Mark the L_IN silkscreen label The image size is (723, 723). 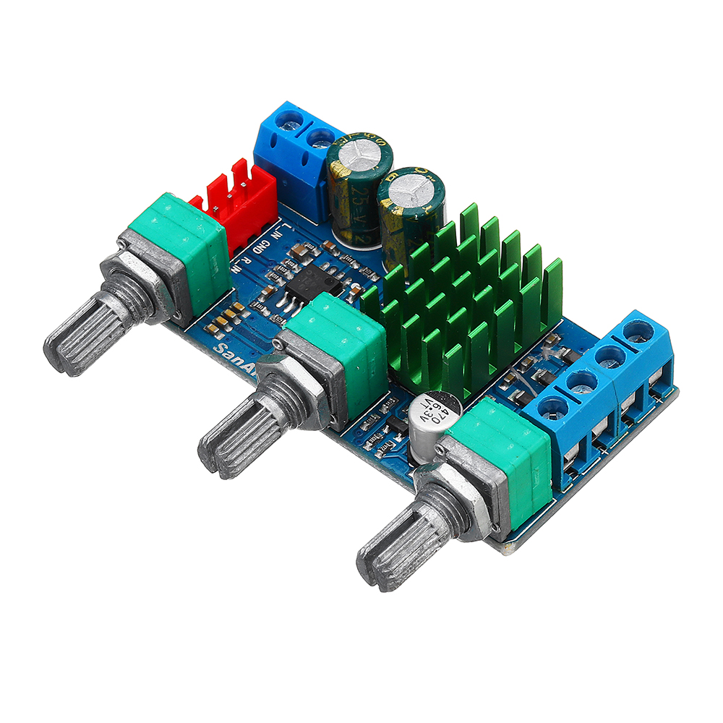pos(278,233)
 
